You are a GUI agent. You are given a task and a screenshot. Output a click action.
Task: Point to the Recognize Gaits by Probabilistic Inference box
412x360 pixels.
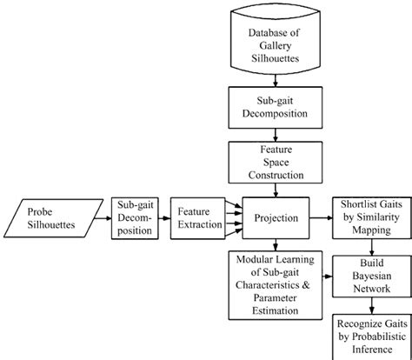pyautogui.click(x=371, y=334)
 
